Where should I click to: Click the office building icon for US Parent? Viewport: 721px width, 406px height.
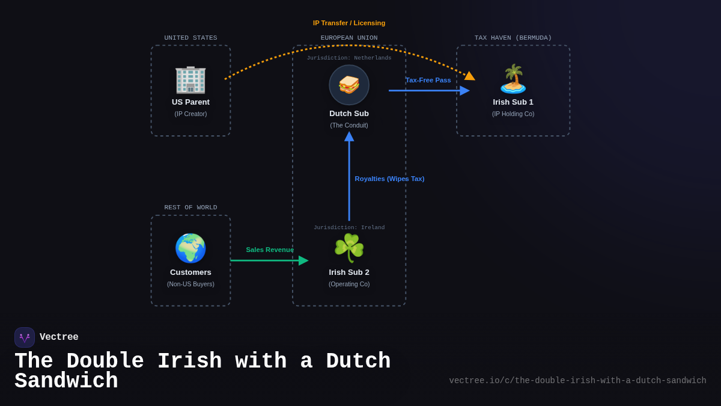190,79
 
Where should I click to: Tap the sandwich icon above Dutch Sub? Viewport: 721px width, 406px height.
349,85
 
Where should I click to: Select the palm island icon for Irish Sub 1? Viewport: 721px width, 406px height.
513,79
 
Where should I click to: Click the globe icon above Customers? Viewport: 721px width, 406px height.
190,248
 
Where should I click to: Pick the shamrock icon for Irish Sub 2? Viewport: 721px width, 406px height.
349,248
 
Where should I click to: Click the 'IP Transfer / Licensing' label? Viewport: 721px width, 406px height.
349,23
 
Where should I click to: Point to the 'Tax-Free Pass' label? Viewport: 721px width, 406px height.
428,80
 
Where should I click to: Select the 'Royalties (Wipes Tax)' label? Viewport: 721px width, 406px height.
389,179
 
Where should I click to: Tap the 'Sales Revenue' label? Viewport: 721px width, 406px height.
270,250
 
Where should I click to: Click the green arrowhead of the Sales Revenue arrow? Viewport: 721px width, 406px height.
303,260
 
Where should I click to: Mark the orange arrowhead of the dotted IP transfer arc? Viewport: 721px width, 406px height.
469,76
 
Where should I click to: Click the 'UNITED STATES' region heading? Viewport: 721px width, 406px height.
190,38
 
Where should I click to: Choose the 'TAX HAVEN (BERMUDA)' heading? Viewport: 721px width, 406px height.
513,38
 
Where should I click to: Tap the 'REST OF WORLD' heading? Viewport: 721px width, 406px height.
190,208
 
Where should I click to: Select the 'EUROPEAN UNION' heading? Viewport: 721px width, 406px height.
349,38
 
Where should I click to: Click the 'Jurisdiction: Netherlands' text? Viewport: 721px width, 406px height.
349,58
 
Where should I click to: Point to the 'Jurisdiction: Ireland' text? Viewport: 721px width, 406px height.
349,228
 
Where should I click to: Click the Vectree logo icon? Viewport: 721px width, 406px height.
25,337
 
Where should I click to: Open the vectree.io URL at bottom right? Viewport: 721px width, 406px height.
577,381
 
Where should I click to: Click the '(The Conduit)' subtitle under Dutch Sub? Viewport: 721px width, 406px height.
349,125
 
